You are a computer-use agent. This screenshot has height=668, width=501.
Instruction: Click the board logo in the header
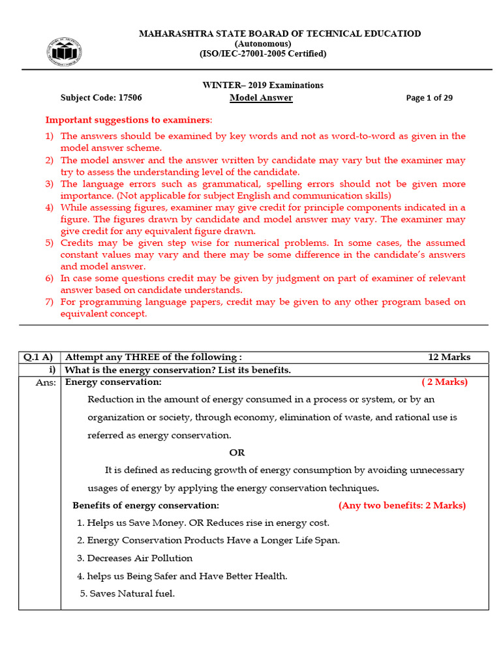click(64, 52)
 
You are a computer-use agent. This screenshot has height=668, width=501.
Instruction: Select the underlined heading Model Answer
click(261, 98)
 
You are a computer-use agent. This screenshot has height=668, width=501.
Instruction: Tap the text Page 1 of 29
click(429, 99)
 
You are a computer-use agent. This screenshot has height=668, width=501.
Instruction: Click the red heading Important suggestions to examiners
click(129, 120)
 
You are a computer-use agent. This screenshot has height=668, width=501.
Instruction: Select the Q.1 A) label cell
click(39, 357)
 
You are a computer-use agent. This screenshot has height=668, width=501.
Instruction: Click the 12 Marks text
click(449, 357)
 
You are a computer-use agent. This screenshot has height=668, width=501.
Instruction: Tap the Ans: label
click(46, 382)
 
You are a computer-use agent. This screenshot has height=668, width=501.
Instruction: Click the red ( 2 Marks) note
click(444, 382)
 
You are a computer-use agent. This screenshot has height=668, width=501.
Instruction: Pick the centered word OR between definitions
click(237, 453)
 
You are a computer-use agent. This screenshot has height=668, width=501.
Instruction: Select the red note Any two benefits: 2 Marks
click(402, 506)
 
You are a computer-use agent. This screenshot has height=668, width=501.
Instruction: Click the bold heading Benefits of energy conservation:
click(145, 506)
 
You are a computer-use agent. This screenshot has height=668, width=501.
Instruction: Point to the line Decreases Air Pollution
click(139, 558)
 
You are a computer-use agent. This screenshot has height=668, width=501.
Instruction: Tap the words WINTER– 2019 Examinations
click(263, 85)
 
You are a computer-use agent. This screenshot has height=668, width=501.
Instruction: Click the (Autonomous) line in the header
click(263, 44)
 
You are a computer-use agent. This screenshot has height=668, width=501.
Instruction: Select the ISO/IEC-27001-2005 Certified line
click(263, 54)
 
